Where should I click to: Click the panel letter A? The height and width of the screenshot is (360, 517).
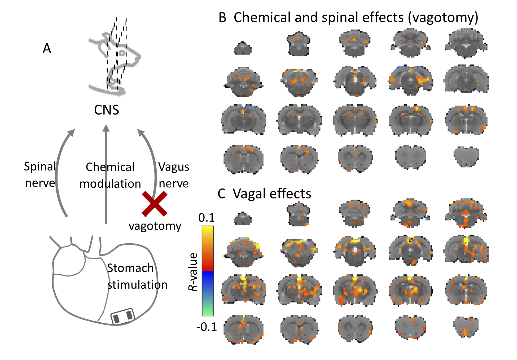[47, 49]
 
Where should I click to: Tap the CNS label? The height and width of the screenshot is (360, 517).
[106, 110]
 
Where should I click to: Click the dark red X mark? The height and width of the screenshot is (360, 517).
[154, 204]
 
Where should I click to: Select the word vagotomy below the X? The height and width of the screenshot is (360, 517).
[155, 226]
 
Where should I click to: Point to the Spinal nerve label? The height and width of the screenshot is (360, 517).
[40, 175]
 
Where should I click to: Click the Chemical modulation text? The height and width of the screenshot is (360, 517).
[110, 175]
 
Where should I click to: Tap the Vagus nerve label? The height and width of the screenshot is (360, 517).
[174, 175]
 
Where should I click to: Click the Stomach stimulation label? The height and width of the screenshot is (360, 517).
[137, 276]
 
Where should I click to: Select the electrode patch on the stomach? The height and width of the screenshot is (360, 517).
[122, 316]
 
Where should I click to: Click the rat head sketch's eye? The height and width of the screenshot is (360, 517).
[122, 53]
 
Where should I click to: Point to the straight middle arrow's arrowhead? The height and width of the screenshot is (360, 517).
[106, 128]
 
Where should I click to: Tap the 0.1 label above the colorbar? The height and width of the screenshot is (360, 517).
[207, 218]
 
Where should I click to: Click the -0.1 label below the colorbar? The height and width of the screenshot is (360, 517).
[207, 327]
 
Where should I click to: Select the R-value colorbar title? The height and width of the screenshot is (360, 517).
[193, 272]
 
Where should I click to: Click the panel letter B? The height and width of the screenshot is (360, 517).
[222, 17]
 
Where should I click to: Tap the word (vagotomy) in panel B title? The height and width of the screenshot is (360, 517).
[443, 17]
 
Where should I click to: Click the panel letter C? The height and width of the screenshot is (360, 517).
[221, 194]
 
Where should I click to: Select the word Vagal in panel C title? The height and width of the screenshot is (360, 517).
[249, 194]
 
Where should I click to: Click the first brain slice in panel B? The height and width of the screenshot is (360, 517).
[243, 48]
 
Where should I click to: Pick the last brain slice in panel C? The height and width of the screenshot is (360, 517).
[466, 327]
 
